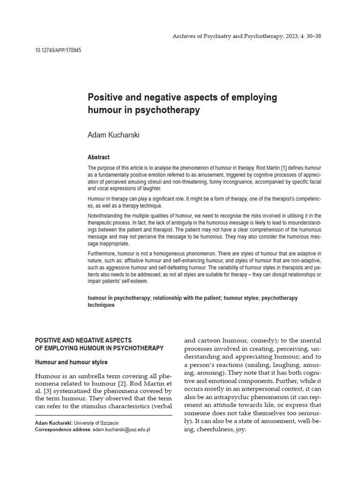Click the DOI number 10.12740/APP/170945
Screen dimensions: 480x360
(x=58, y=50)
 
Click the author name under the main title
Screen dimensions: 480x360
(x=113, y=135)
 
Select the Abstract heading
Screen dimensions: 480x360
(x=98, y=157)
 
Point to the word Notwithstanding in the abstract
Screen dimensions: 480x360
(x=105, y=215)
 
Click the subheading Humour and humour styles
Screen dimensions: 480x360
(x=71, y=362)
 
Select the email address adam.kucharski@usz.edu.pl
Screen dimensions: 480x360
(x=121, y=429)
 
